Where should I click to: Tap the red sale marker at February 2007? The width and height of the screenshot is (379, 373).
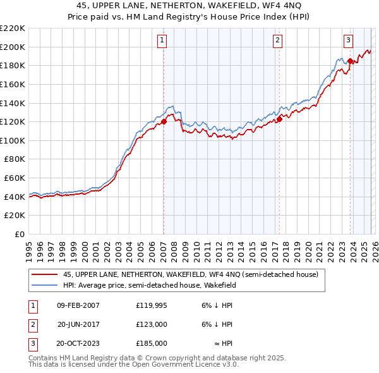[164, 121]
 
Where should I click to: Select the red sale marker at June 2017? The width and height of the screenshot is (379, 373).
[279, 118]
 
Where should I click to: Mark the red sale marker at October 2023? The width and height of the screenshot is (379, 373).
[350, 61]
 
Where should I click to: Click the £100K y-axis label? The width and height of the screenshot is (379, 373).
[13, 140]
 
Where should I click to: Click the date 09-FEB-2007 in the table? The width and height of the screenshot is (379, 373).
[78, 305]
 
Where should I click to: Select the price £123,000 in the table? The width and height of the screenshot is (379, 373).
[151, 324]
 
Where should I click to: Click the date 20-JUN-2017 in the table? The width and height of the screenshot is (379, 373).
[78, 324]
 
